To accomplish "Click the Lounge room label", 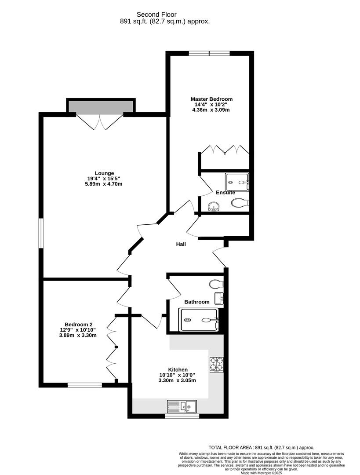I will [x=104, y=173].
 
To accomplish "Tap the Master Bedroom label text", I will [x=211, y=99].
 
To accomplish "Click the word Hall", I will [x=181, y=244].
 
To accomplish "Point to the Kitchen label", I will [x=178, y=369].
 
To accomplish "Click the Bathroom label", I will [x=196, y=302].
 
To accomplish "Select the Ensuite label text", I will [x=225, y=193].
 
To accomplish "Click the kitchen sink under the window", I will [x=183, y=406].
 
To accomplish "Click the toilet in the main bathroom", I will [x=216, y=283].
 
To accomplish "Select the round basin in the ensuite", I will [x=213, y=206].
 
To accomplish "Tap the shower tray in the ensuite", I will [x=237, y=181].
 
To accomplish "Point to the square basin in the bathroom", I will [x=219, y=298].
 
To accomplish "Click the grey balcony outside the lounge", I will [x=100, y=106].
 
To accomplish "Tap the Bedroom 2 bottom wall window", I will [x=84, y=385].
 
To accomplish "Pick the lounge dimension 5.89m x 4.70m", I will [x=104, y=184].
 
